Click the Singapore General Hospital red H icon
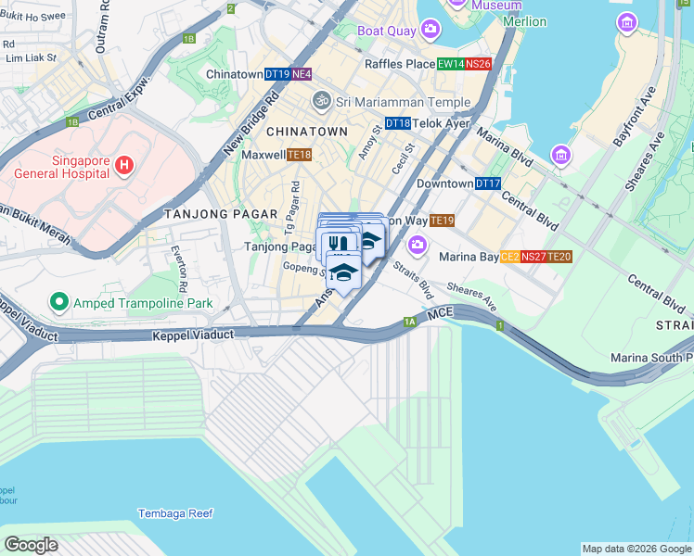click(x=123, y=167)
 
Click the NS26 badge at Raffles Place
click(x=478, y=64)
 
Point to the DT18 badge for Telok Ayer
click(x=397, y=123)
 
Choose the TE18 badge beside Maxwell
click(x=299, y=155)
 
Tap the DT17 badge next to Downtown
click(x=488, y=184)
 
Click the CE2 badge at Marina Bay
click(x=509, y=257)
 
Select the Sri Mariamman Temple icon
click(x=322, y=99)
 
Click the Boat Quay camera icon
click(x=431, y=31)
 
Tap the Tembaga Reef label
click(x=175, y=513)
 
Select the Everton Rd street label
click(x=178, y=270)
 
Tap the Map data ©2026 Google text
click(x=636, y=549)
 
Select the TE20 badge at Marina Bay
click(x=559, y=257)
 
